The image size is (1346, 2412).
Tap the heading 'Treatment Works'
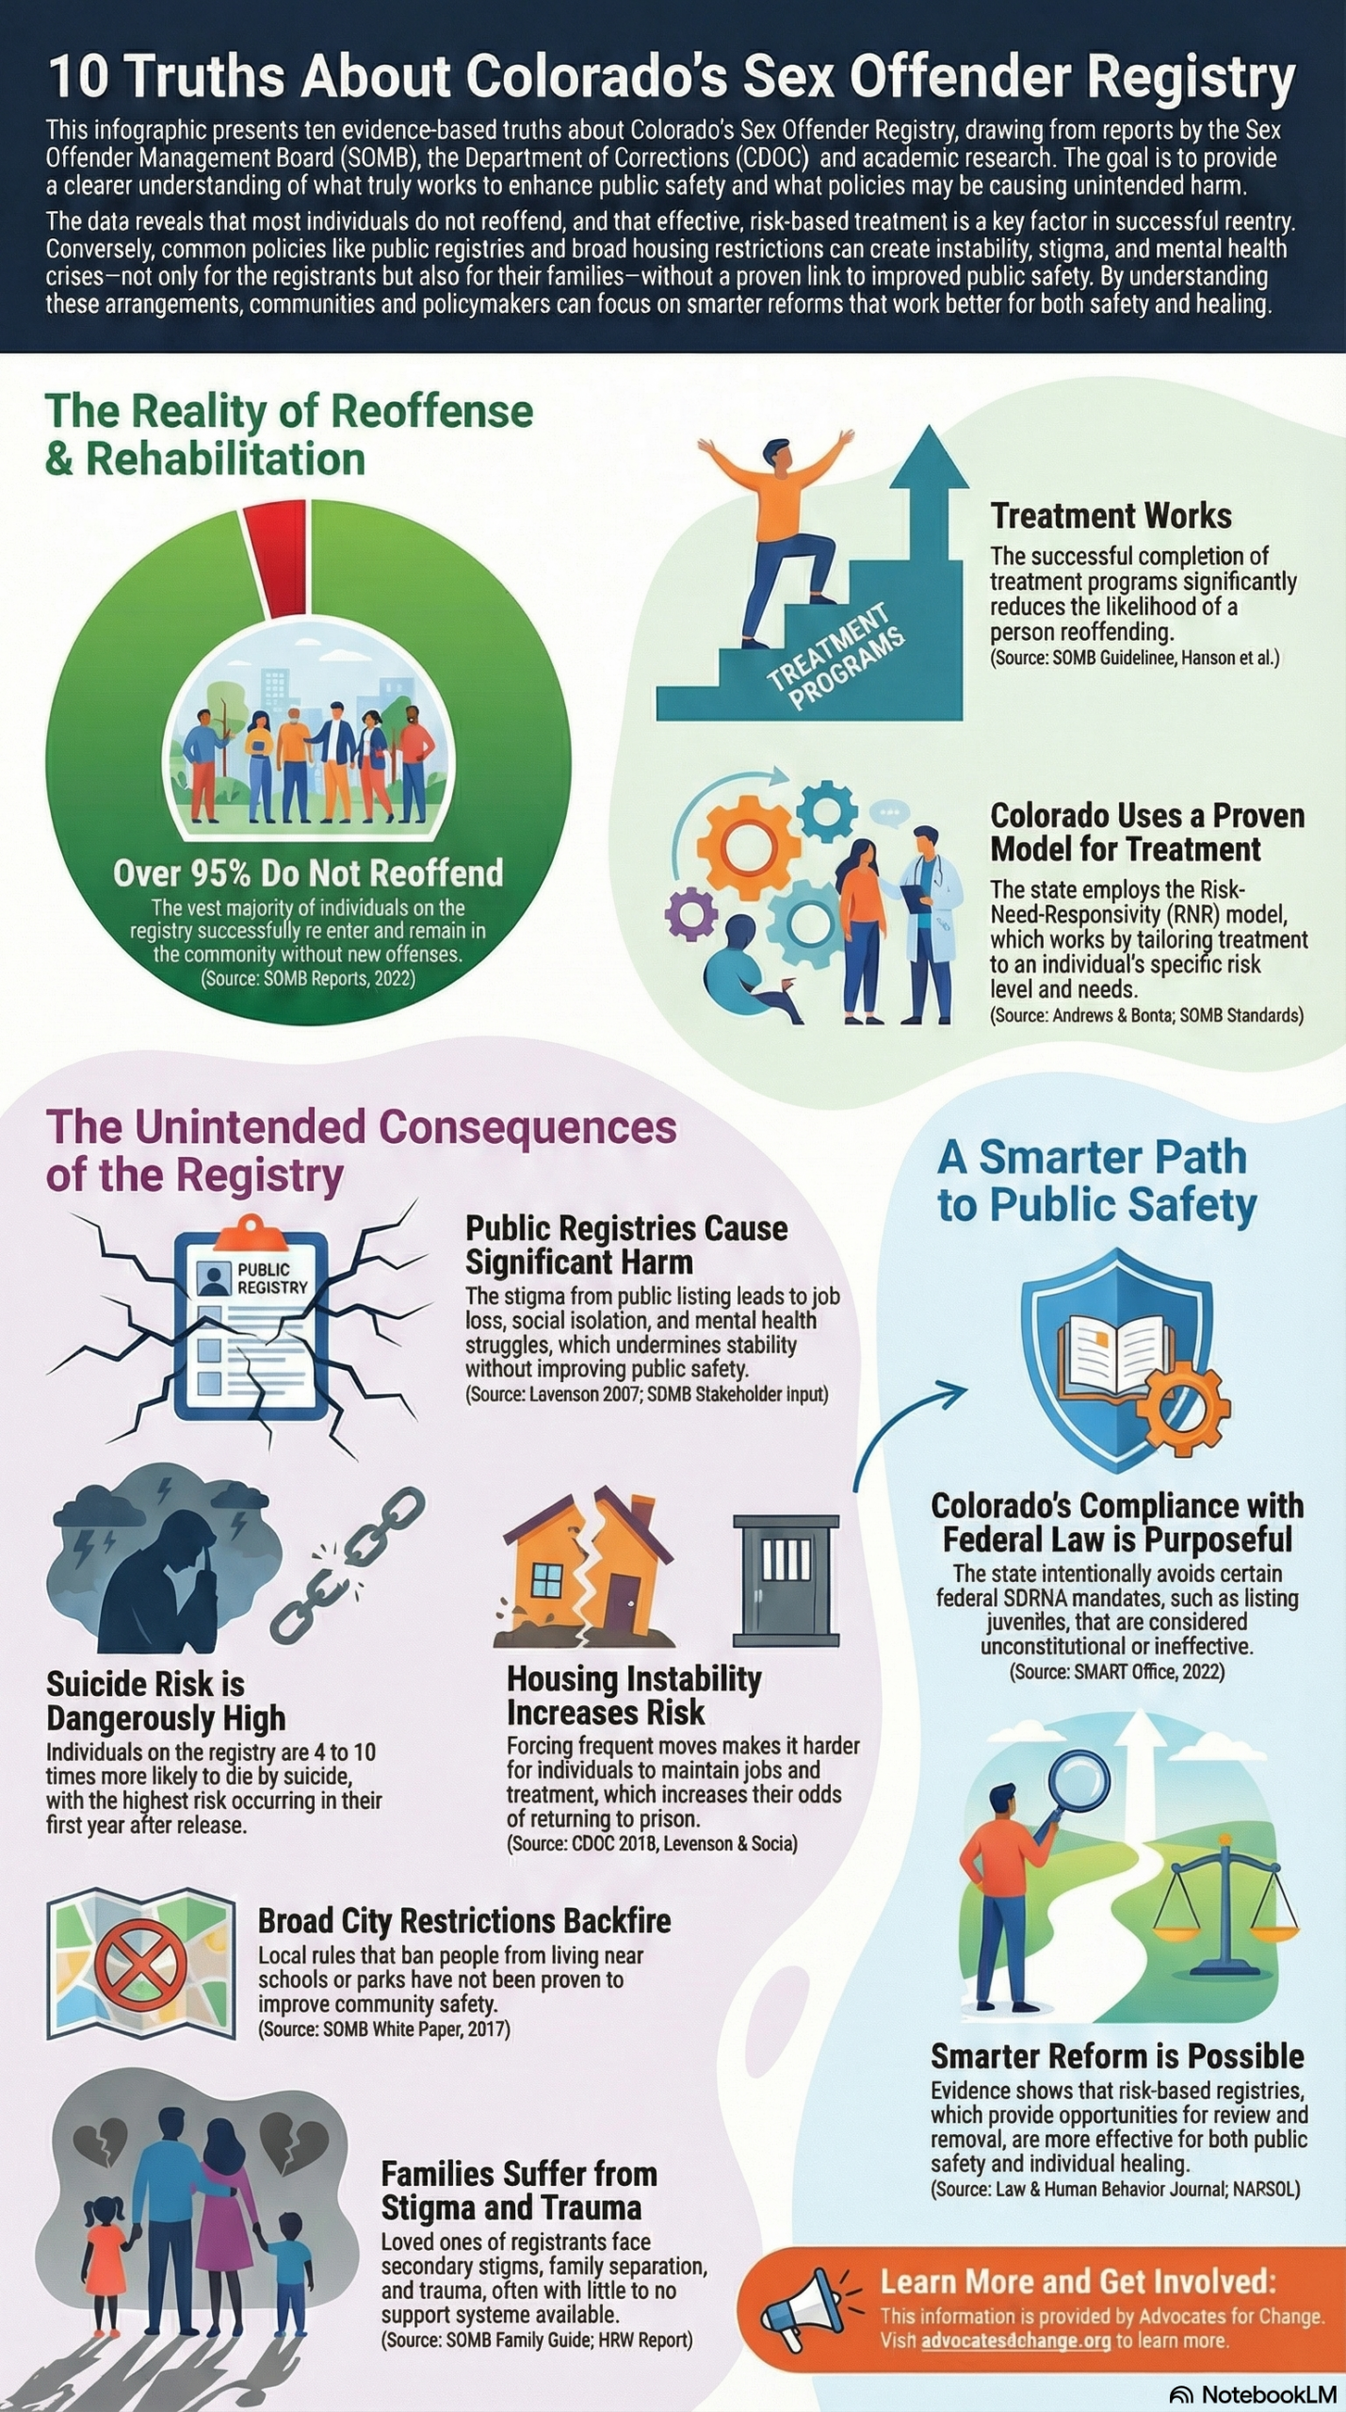(x=1111, y=515)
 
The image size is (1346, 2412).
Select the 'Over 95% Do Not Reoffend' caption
(x=308, y=873)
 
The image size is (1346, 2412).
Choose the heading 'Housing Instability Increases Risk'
(x=634, y=1695)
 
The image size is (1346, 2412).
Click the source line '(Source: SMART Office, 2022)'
(x=1117, y=1671)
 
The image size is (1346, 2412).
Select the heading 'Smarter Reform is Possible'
(x=1117, y=2055)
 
